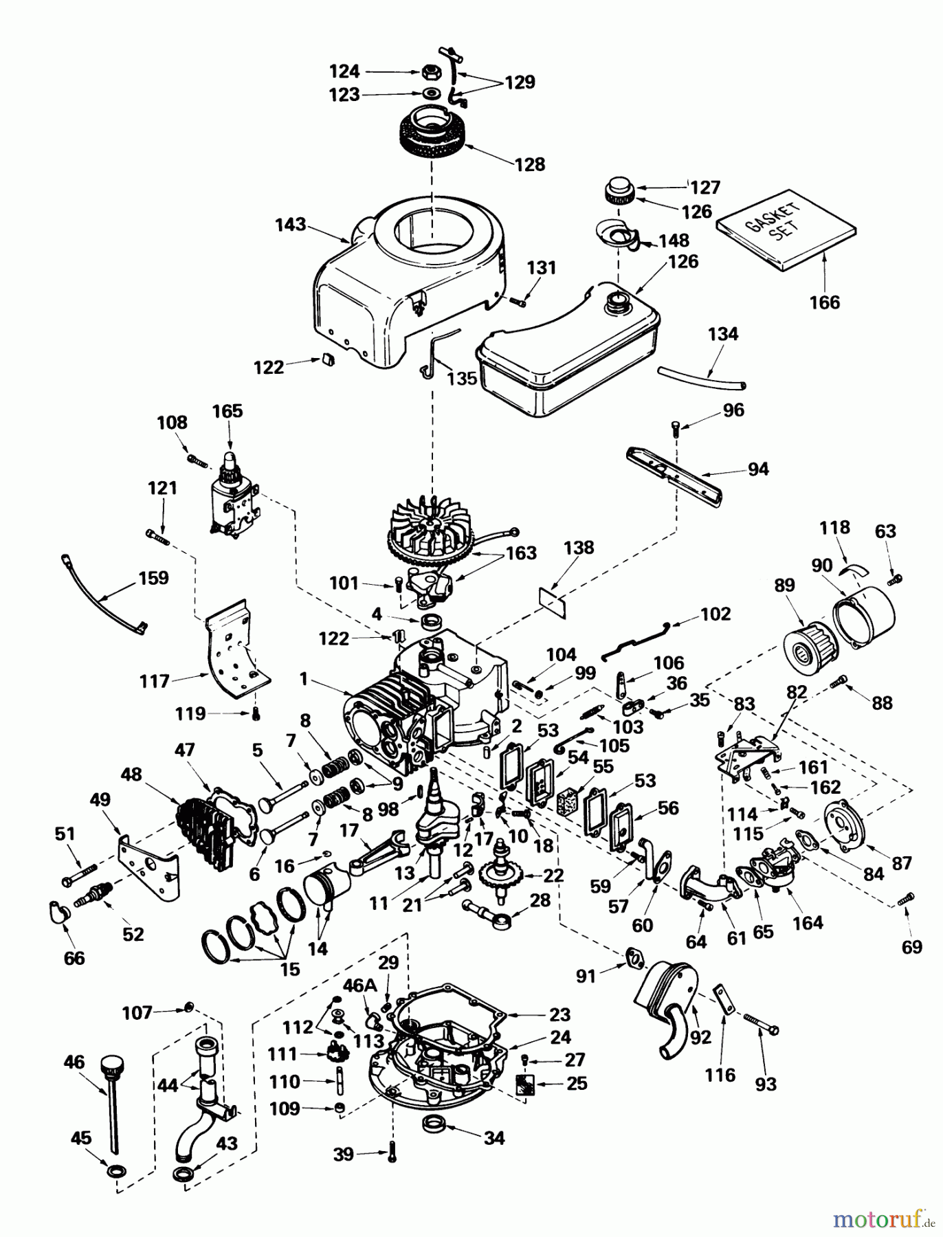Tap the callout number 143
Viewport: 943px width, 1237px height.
[290, 225]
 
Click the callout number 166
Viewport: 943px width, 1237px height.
[824, 302]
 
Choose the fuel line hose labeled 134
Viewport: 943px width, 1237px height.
[702, 376]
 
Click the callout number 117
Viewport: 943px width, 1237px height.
[155, 681]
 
